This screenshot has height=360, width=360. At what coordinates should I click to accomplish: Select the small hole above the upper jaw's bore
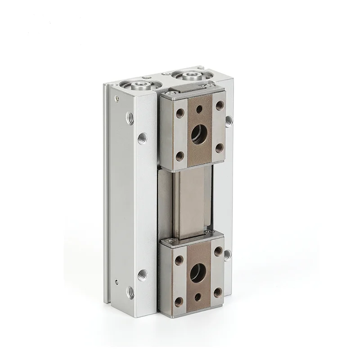198,108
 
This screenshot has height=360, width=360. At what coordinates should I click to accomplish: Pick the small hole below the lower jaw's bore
198,296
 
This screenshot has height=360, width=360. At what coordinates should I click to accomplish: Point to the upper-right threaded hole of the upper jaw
220,105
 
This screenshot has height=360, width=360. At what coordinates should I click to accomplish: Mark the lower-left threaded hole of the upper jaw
180,156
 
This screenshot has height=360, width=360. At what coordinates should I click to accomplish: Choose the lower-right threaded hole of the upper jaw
219,147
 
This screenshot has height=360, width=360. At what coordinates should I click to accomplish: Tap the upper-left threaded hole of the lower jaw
179,260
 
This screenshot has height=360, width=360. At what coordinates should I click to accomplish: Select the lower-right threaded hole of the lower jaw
217,292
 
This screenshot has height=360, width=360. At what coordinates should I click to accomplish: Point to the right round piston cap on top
187,74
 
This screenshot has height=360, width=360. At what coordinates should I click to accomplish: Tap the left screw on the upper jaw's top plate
169,94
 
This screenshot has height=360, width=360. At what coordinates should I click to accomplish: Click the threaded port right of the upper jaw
228,120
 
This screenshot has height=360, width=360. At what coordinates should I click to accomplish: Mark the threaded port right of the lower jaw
227,255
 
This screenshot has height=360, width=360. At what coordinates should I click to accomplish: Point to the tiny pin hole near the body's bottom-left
117,282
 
